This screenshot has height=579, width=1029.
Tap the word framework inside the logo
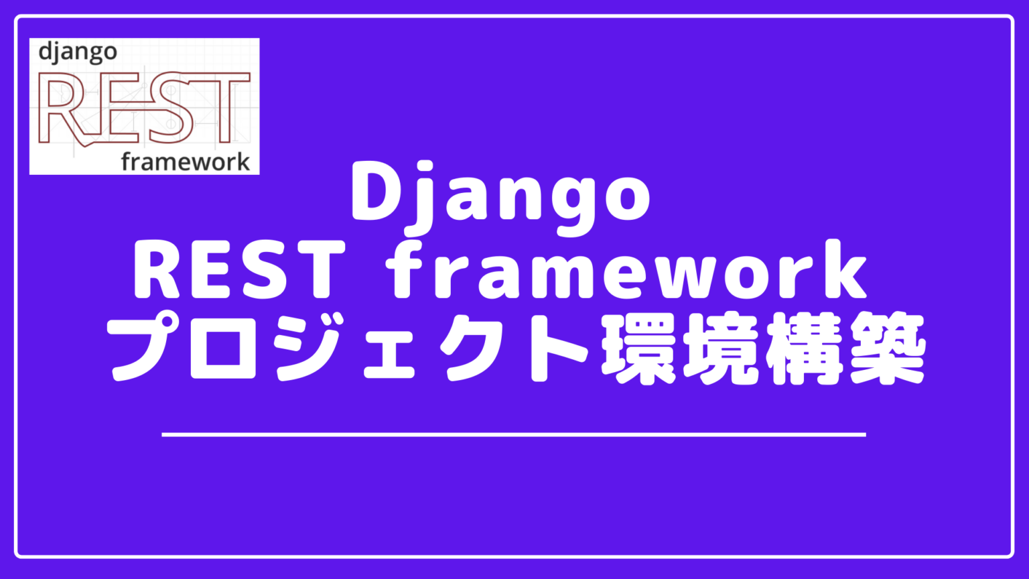(x=186, y=162)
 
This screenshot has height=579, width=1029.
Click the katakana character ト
(x=551, y=348)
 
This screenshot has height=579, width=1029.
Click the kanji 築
(x=886, y=348)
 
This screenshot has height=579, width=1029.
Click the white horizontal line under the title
(x=514, y=435)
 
